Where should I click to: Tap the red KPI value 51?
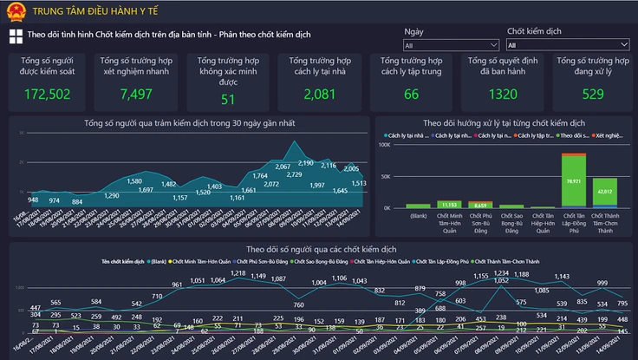[228, 100]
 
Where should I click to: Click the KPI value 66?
[411, 95]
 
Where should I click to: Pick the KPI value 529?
[593, 95]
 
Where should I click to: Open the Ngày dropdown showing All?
[449, 45]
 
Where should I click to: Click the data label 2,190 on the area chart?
[305, 163]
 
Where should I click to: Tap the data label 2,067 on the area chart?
[283, 167]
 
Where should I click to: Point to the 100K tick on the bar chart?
[385, 145]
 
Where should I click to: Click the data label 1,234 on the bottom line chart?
[501, 273]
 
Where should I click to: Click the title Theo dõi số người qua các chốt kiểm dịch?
[319, 250]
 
